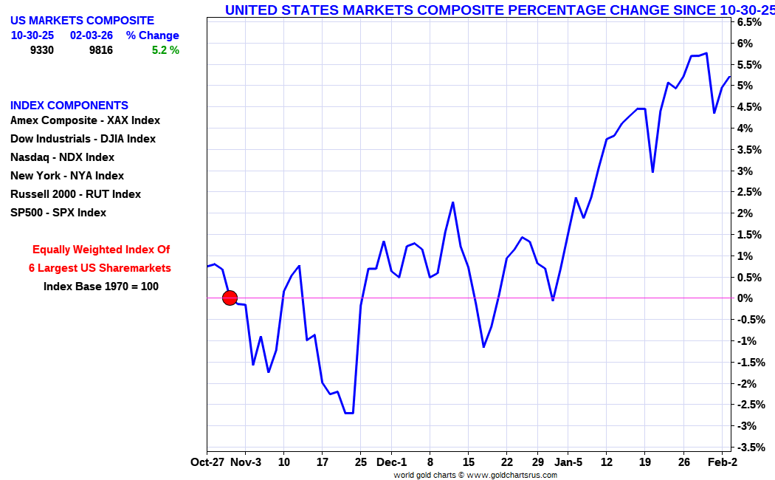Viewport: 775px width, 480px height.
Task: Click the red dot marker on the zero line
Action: coord(230,298)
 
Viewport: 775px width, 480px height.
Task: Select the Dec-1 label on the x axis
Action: coord(391,462)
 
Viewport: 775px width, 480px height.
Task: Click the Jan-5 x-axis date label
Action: coord(568,462)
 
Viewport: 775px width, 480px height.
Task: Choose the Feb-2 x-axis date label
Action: coord(723,462)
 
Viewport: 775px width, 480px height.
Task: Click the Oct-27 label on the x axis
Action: coord(207,462)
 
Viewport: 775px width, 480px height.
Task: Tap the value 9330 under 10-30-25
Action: coord(42,50)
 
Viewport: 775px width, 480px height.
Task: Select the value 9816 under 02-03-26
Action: coord(101,50)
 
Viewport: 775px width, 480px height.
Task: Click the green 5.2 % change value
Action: coord(165,50)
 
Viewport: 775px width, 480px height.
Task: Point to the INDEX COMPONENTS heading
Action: coord(69,106)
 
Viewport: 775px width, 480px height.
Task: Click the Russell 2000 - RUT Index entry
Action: coord(75,194)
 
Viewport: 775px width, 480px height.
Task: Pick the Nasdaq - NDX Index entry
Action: coord(62,158)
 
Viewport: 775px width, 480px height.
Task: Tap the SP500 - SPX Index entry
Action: coord(58,213)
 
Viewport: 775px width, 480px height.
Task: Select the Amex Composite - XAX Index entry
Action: coord(85,120)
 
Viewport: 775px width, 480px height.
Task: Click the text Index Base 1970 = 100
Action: coord(101,287)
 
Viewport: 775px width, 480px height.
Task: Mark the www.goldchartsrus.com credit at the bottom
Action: coord(512,475)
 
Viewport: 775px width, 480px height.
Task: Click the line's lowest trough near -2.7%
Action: coord(349,413)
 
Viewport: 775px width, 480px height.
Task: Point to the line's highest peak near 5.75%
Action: coord(706,53)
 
